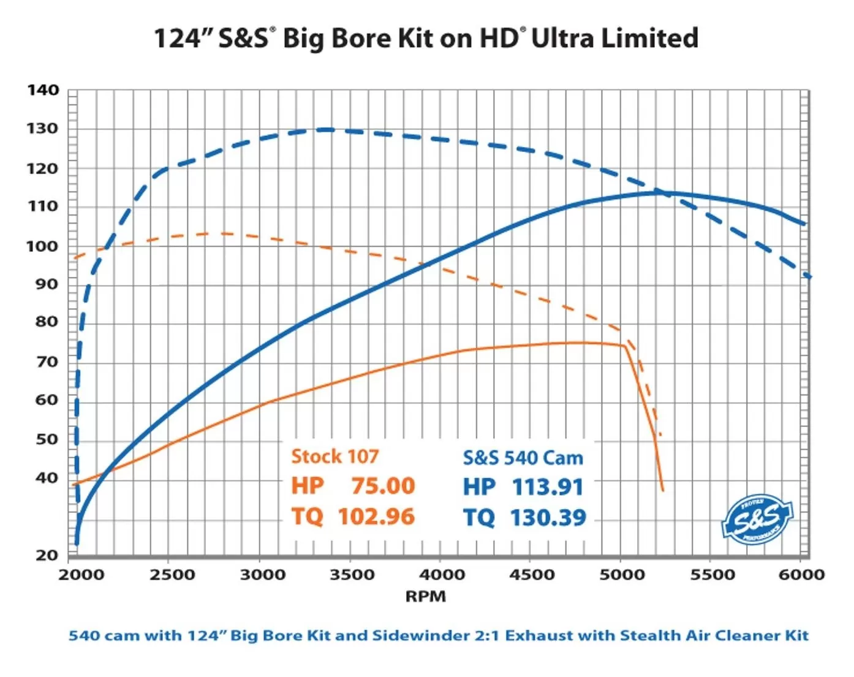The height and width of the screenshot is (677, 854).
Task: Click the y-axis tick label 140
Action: click(43, 91)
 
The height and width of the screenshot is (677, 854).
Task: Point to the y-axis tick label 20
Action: click(47, 555)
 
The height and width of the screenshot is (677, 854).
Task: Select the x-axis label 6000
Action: click(801, 575)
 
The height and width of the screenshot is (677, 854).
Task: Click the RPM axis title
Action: click(425, 596)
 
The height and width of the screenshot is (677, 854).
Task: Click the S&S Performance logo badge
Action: click(757, 520)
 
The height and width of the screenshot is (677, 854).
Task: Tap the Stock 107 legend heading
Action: click(334, 456)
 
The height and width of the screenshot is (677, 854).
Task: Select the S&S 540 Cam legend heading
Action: click(523, 458)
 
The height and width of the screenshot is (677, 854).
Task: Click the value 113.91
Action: click(547, 487)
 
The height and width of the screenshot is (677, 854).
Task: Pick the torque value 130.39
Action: click(548, 518)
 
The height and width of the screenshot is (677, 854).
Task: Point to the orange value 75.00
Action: click(383, 486)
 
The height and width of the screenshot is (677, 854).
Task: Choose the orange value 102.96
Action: click(376, 516)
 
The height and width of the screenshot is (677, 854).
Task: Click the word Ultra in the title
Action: click(562, 38)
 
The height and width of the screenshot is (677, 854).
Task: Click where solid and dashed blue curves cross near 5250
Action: click(662, 192)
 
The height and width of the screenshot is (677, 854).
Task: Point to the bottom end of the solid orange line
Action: click(662, 490)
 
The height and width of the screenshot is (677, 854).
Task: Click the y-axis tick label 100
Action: click(43, 246)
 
